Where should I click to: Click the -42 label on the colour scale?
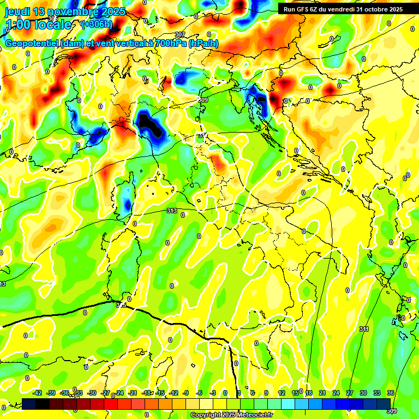[38, 393]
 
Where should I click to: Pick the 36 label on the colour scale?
[391, 393]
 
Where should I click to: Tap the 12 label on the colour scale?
[282, 393]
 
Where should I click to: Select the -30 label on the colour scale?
[92, 393]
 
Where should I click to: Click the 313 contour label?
[171, 211]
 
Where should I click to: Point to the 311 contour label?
[364, 329]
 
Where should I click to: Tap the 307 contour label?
[180, 35]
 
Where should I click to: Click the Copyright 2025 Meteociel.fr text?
[232, 415]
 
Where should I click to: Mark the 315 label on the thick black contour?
[121, 305]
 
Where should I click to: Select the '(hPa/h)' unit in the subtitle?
[203, 44]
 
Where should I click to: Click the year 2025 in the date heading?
[112, 11]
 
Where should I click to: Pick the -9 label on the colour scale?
[186, 393]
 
